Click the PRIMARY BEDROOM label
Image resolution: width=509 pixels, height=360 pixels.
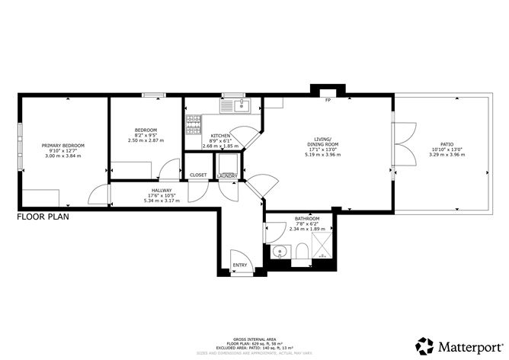(x=63, y=145)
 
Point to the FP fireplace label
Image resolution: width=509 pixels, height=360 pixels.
(x=328, y=100)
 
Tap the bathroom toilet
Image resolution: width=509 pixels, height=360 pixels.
(x=303, y=252)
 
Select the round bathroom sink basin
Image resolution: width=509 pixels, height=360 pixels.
(x=280, y=252)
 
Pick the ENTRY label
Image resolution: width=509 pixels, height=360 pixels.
(x=240, y=265)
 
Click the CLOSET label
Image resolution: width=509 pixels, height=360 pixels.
(x=198, y=175)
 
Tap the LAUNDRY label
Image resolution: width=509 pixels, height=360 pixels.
(x=227, y=175)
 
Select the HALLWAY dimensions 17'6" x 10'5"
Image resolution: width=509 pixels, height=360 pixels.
(x=162, y=196)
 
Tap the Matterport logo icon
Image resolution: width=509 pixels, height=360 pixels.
(x=424, y=345)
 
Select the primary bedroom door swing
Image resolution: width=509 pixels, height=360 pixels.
(x=98, y=197)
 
